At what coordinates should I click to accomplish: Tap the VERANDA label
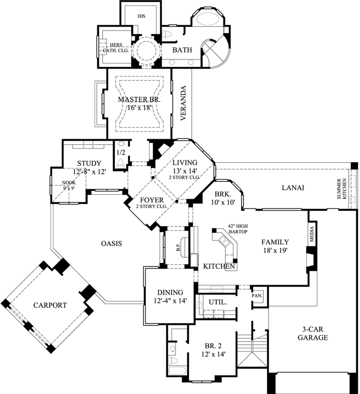tap(183, 104)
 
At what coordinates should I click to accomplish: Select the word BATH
tap(182, 51)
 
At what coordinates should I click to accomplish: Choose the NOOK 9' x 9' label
tap(69, 185)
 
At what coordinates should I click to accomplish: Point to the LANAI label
tap(292, 188)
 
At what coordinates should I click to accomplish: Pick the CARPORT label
tap(50, 305)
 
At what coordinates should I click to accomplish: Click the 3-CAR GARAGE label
tap(312, 333)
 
